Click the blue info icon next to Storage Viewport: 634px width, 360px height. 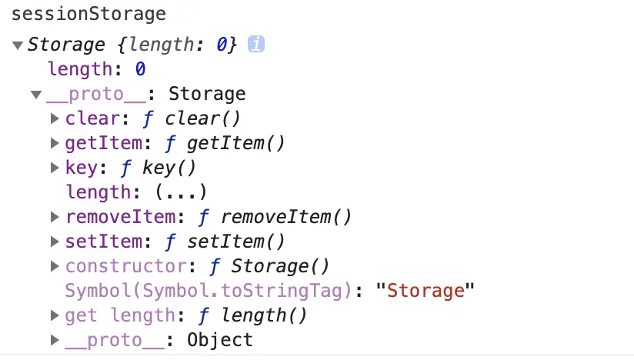(256, 45)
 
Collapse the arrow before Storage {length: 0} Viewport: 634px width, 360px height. (18, 45)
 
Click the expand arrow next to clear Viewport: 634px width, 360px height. (55, 119)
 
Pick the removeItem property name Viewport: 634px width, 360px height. (113, 217)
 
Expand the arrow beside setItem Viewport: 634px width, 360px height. (55, 242)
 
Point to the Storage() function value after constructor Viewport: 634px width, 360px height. (280, 266)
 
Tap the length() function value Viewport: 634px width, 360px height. (263, 315)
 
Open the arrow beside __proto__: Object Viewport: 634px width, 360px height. (55, 340)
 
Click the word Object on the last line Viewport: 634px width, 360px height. (220, 340)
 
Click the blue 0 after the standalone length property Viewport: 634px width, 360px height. (141, 69)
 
